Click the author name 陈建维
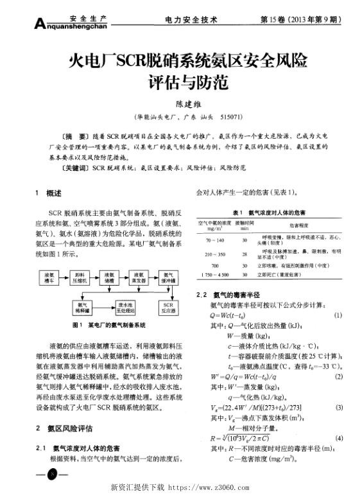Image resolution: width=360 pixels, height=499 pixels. click(180, 103)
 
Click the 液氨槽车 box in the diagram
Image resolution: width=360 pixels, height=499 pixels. click(49, 276)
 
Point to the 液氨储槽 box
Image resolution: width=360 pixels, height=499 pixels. click(110, 276)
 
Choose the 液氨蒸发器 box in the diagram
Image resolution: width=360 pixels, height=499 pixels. click(140, 276)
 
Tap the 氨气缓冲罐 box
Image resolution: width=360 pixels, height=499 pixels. click(169, 276)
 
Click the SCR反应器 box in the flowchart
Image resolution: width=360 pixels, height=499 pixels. click(169, 306)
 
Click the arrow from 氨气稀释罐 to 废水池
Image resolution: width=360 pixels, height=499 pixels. click(103, 306)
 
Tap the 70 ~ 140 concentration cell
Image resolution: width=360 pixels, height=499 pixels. click(213, 240)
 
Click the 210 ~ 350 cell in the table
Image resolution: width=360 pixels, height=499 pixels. click(213, 254)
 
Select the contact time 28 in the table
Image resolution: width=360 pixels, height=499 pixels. click(244, 254)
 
